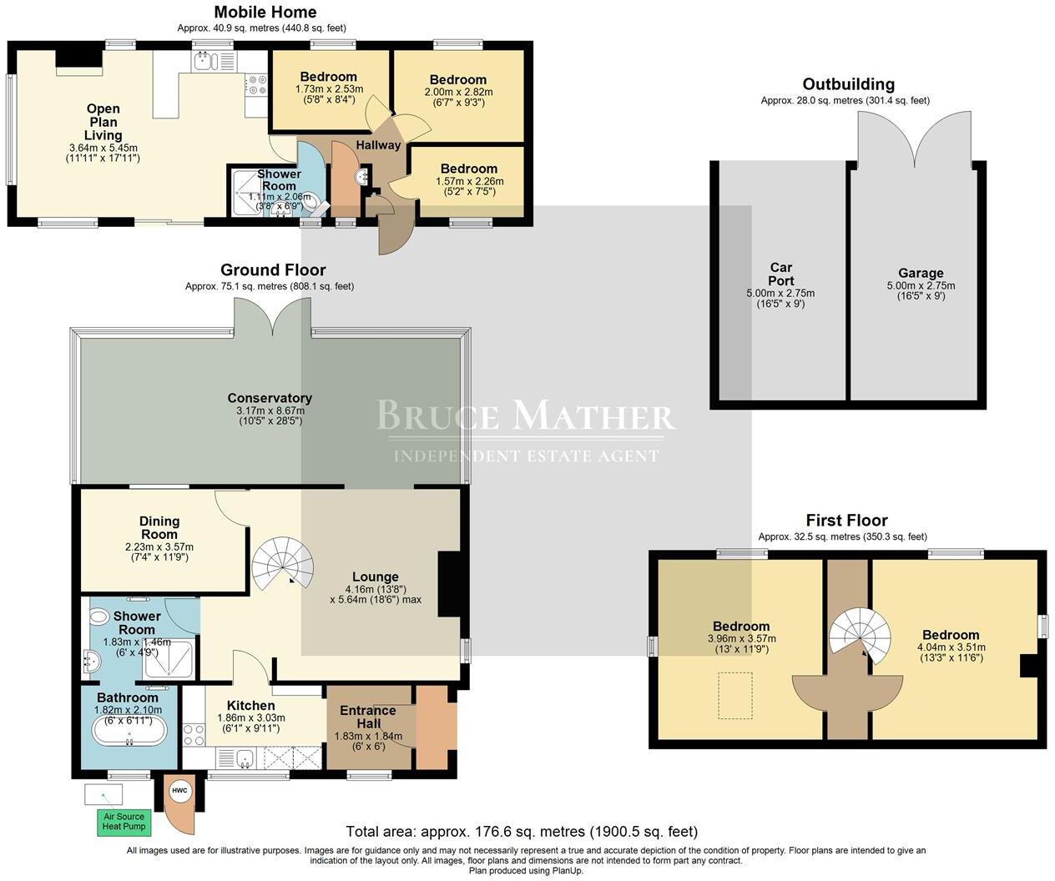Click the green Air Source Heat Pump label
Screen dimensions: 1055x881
(124, 822)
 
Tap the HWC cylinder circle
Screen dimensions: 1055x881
(180, 791)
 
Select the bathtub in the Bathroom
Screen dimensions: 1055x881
(129, 731)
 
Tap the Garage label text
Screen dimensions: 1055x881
(921, 274)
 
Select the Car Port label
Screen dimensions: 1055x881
(780, 274)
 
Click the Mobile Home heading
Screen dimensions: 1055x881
(265, 13)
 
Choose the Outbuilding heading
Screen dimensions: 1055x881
(848, 84)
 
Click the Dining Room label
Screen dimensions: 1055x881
(159, 527)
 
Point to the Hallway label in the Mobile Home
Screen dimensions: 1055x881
(378, 145)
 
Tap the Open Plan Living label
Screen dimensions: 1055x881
(103, 122)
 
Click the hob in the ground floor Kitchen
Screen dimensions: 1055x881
(194, 735)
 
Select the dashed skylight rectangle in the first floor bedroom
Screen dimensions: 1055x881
(735, 696)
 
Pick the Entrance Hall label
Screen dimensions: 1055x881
(368, 717)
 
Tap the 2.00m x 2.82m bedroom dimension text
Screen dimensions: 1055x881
(458, 92)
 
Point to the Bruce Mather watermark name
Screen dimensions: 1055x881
(526, 415)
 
